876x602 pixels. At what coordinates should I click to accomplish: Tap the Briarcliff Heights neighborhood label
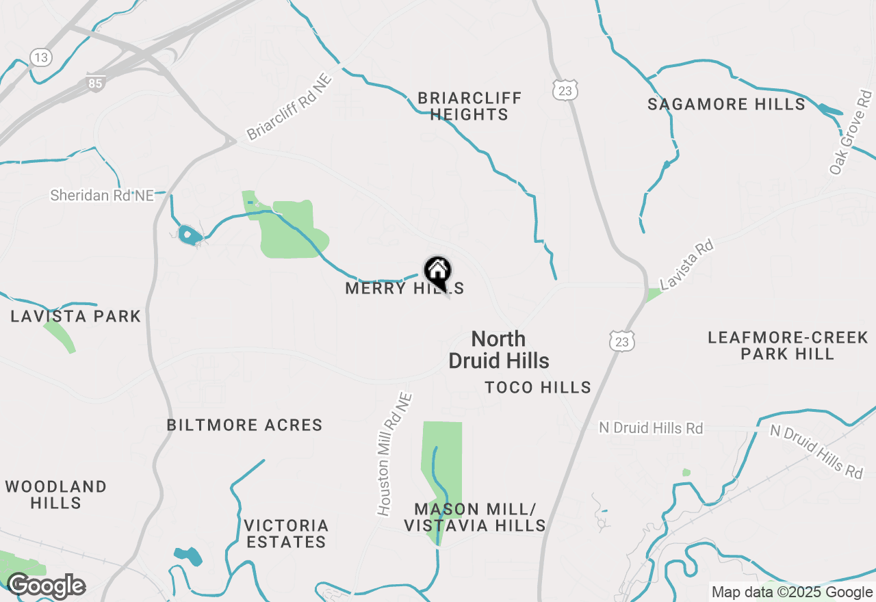(469, 106)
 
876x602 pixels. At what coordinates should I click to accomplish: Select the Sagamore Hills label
(726, 105)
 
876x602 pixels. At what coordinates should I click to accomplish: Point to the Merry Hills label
(404, 289)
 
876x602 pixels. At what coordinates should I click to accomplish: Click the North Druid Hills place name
(499, 350)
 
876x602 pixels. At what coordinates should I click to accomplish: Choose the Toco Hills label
(538, 388)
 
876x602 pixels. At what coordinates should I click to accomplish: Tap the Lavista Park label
(75, 316)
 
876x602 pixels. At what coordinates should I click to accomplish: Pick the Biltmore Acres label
(244, 425)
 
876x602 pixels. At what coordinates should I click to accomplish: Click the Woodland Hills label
(56, 495)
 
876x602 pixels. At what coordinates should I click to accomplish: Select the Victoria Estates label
(286, 534)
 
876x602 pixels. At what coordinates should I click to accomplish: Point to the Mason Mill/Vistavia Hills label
(474, 517)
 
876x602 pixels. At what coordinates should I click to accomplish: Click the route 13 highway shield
(41, 57)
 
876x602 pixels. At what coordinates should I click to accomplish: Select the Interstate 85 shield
(96, 83)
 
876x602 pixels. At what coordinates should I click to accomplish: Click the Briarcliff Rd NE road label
(289, 107)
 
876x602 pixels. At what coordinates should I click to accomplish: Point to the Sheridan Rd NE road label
(102, 196)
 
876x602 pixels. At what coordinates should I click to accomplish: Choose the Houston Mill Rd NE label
(395, 454)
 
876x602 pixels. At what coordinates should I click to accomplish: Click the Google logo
(45, 586)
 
